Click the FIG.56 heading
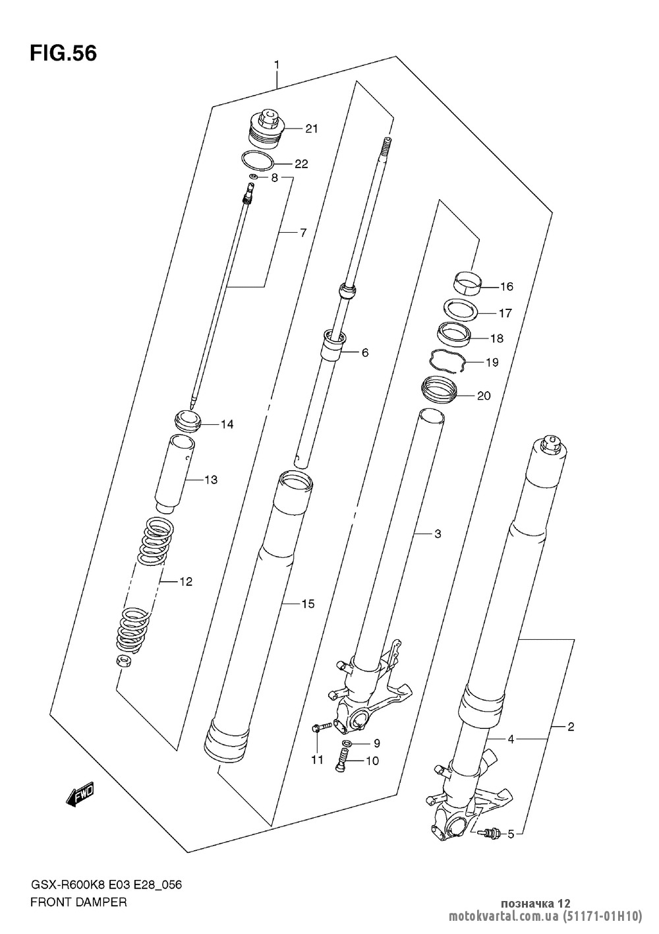(63, 53)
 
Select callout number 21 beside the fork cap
(311, 129)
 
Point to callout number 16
(507, 286)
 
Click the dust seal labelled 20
(439, 390)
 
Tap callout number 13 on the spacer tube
(211, 480)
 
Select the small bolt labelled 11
(322, 728)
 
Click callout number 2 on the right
(571, 727)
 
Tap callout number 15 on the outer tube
(308, 604)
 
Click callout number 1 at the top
(277, 65)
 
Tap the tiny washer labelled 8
(252, 177)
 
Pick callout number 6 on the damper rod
(365, 353)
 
